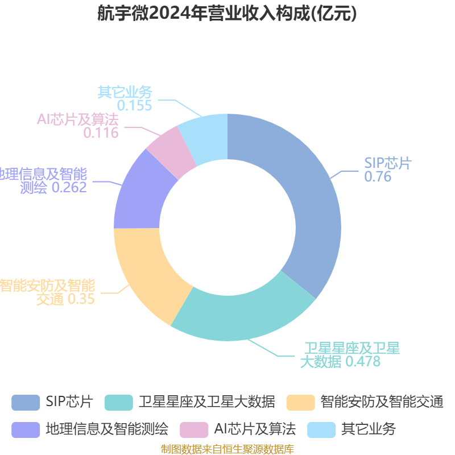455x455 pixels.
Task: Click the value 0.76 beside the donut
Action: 378,177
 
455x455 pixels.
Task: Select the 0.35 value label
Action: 81,299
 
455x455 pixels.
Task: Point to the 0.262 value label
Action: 69,188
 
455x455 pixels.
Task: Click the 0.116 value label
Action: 101,133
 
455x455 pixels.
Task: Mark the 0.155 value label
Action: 135,106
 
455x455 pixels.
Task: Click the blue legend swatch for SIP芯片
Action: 26,402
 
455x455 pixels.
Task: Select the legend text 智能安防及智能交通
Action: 382,402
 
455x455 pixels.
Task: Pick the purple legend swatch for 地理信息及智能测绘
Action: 26,429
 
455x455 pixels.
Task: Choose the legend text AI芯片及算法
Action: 255,429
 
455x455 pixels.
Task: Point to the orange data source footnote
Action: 227,449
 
